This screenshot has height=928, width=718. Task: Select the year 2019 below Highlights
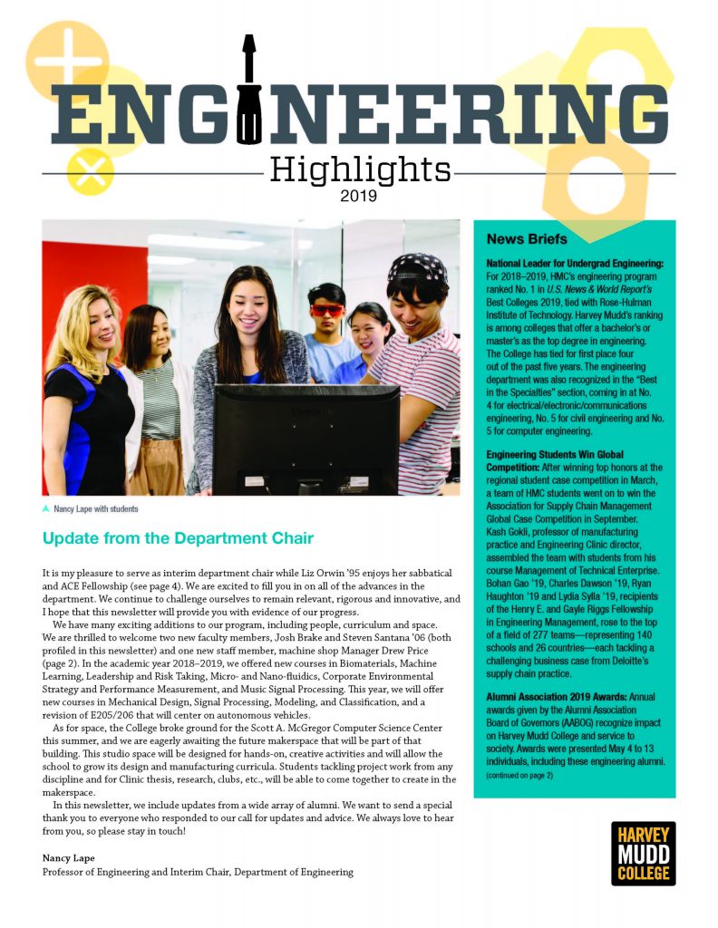(360, 194)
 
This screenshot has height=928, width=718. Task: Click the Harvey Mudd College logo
(643, 853)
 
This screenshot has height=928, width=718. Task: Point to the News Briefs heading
(527, 239)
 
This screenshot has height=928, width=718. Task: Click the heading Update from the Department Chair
(178, 539)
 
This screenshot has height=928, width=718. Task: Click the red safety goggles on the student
(327, 310)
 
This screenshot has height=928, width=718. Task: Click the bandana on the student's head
(418, 268)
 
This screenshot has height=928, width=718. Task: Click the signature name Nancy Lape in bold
(67, 856)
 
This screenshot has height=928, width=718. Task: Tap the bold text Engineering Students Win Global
(555, 453)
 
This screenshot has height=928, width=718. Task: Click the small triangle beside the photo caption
(46, 509)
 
